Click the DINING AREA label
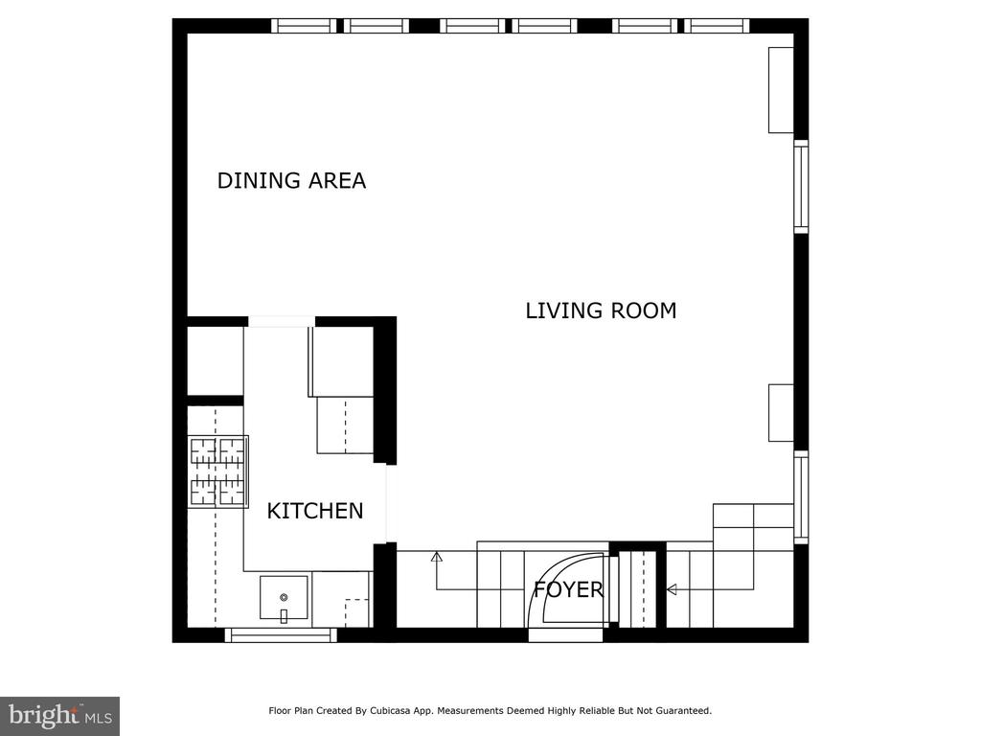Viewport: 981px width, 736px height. pos(291,181)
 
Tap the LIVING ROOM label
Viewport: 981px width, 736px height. pos(601,311)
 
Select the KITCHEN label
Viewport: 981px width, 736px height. pos(314,512)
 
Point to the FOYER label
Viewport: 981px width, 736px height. pos(568,589)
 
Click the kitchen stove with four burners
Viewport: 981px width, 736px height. pos(218,471)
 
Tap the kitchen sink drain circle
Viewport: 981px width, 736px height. pos(284,598)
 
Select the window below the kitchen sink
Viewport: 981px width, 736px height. pos(281,634)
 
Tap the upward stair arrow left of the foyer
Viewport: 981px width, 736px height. pos(437,556)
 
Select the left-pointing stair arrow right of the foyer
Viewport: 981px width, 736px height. pos(672,589)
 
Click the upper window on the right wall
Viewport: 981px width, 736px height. pos(801,187)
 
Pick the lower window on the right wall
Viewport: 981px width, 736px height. pos(801,497)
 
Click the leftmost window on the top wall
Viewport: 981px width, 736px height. pos(304,26)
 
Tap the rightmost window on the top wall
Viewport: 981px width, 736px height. pos(717,26)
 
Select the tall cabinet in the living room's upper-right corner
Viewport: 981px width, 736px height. pos(781,90)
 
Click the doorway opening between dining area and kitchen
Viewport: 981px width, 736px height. pos(282,322)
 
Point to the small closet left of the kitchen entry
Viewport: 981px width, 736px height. pos(216,361)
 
